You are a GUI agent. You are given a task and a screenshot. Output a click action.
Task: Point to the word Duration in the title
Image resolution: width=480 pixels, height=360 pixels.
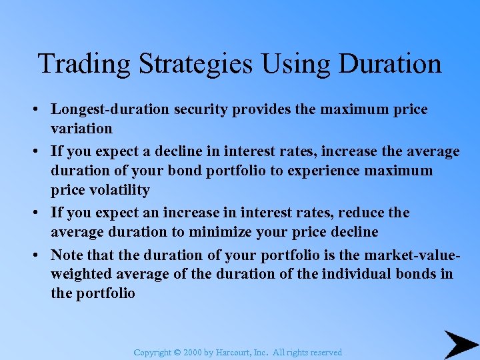[390, 64]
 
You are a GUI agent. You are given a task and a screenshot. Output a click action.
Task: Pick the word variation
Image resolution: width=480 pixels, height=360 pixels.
[81, 127]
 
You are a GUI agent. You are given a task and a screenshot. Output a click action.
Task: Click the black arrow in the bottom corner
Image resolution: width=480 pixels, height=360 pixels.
[459, 344]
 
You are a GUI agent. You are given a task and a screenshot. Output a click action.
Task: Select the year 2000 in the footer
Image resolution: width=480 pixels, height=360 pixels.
[193, 353]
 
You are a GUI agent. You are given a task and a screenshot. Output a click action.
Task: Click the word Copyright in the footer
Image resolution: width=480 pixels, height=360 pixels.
[153, 353]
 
